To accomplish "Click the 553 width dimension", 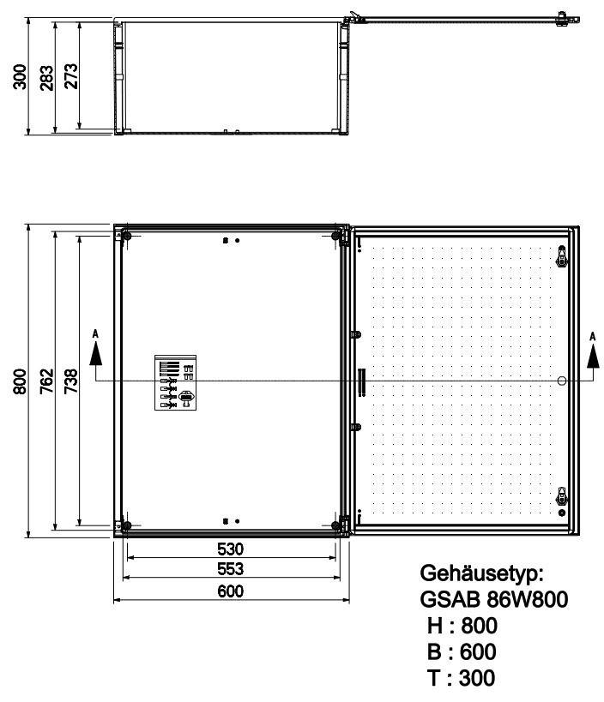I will click(x=231, y=569).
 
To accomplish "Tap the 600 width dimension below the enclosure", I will click(x=231, y=591).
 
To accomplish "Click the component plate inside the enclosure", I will click(x=176, y=383).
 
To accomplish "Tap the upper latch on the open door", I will click(x=562, y=255).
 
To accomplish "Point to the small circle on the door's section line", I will click(x=561, y=381).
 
